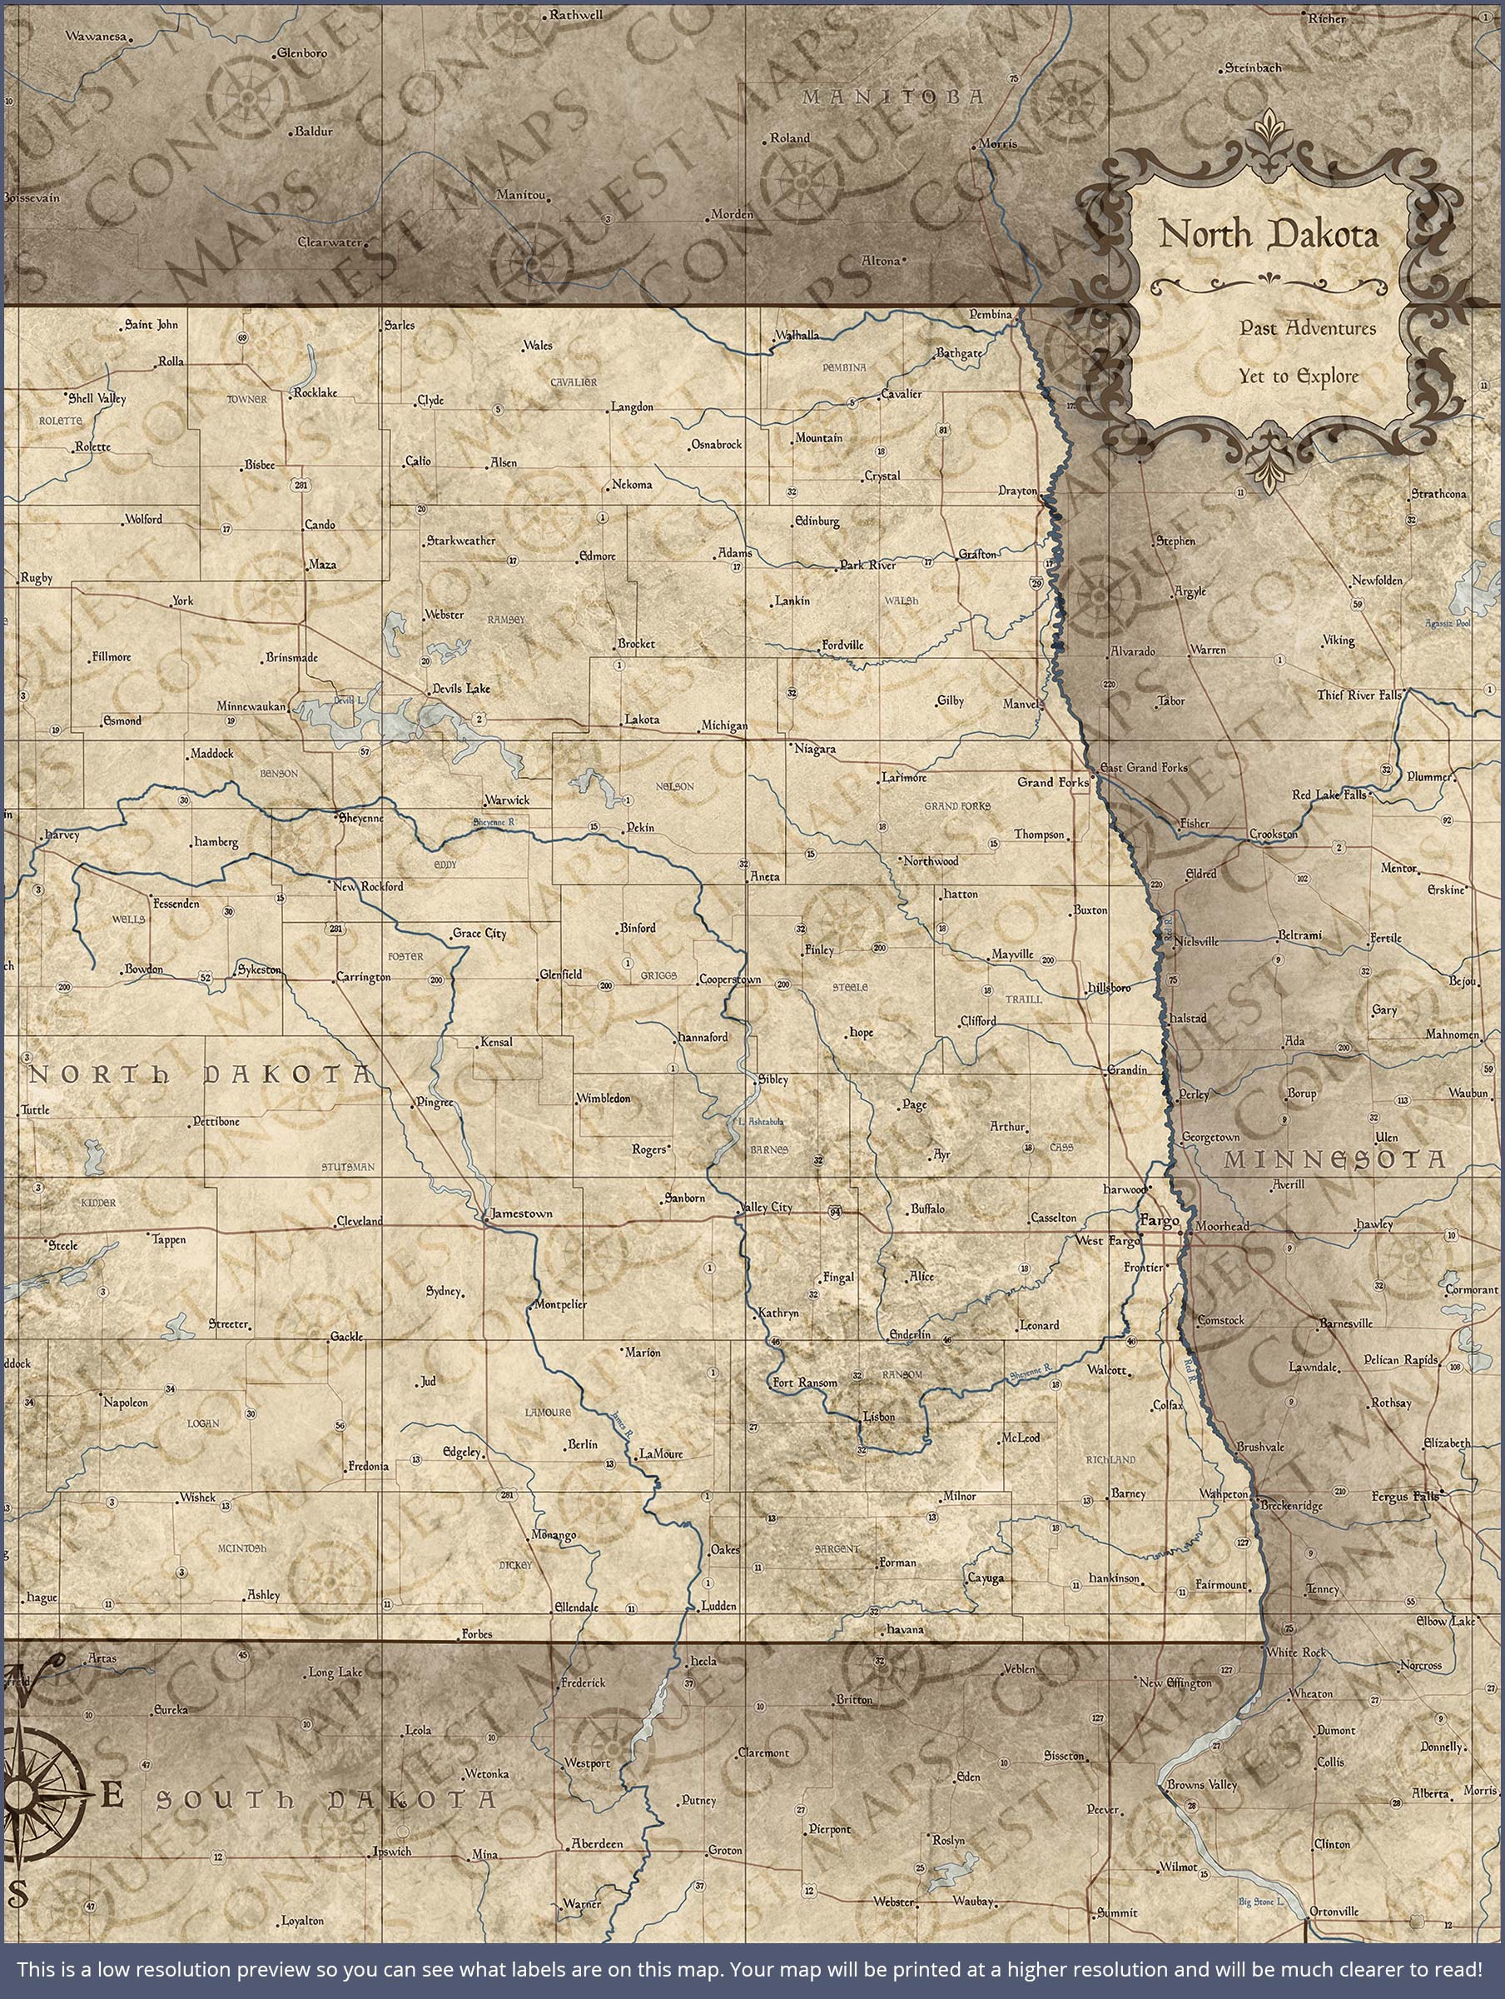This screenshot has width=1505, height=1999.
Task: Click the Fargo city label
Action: [x=1160, y=1222]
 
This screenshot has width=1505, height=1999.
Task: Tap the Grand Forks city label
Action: [x=1052, y=782]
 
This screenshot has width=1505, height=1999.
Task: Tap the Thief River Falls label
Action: [x=1358, y=695]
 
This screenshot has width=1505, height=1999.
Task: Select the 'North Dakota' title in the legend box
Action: [x=1269, y=235]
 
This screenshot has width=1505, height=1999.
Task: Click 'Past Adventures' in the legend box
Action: [x=1307, y=328]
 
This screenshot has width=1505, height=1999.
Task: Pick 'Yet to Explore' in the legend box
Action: [x=1298, y=376]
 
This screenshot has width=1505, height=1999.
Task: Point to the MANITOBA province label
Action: [x=892, y=97]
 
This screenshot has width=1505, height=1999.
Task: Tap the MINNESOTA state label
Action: [x=1334, y=1160]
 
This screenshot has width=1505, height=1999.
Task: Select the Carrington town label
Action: [x=363, y=977]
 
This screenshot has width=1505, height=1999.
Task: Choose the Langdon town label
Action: [x=632, y=407]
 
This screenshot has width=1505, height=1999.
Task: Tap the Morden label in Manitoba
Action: [x=732, y=214]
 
